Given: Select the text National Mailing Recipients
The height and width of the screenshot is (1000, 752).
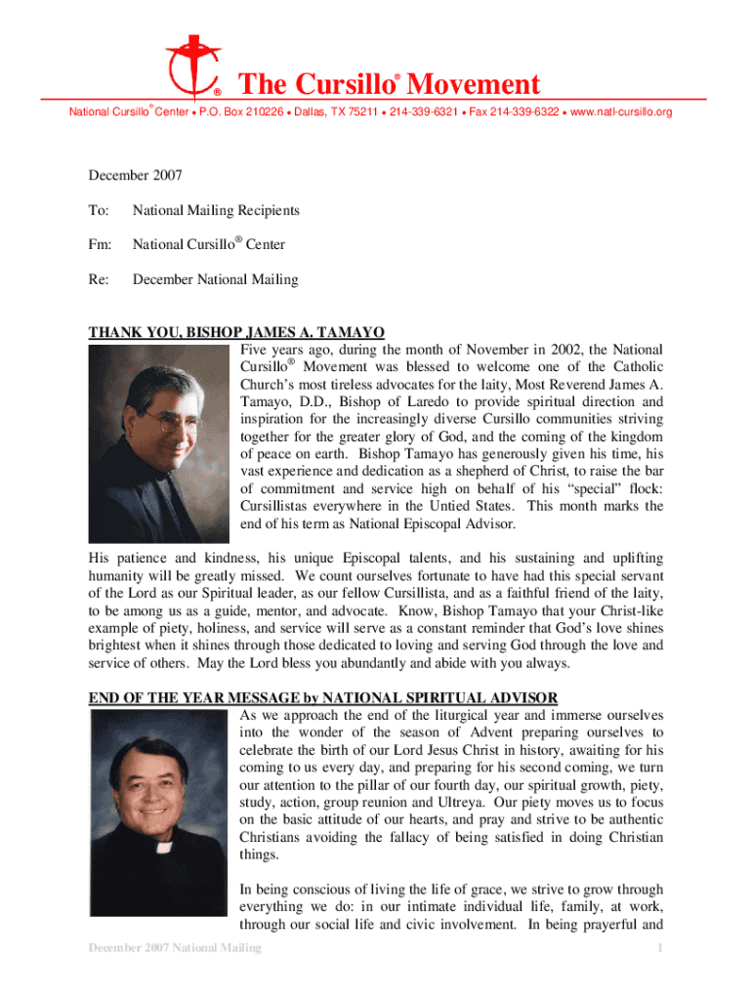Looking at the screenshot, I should click(x=216, y=210).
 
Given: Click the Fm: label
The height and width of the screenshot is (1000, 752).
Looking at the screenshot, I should click(x=101, y=245).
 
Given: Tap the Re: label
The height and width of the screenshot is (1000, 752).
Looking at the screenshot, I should click(x=99, y=280).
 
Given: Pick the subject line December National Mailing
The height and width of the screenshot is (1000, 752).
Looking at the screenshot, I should click(x=215, y=280).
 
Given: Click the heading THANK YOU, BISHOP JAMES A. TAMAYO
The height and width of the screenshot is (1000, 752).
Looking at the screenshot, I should click(x=236, y=332).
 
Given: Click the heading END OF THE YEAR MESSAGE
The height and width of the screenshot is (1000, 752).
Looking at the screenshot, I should click(x=323, y=697).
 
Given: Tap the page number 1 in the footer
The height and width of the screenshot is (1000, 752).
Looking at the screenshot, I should click(x=661, y=948).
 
